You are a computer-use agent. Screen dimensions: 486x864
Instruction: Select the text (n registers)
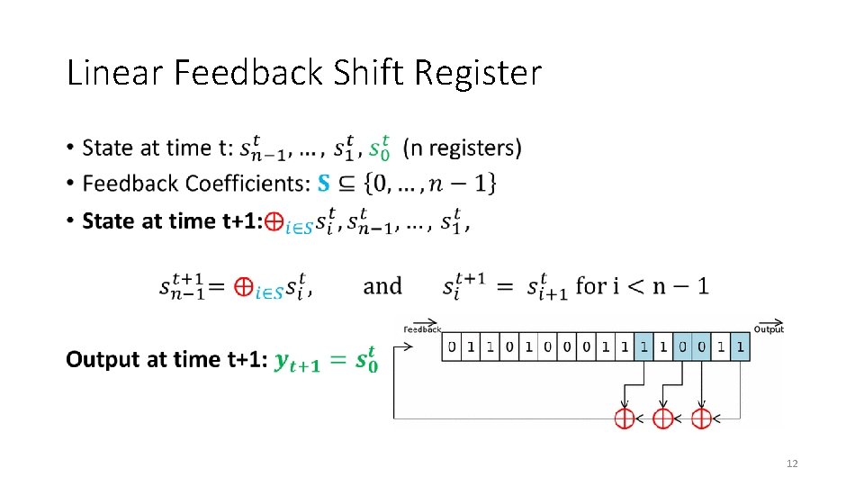click(x=462, y=147)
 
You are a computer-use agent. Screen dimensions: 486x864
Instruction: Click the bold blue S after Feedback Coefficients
click(x=326, y=184)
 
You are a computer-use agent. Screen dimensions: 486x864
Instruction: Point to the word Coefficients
click(x=245, y=184)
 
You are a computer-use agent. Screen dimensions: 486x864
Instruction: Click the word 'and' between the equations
click(x=382, y=286)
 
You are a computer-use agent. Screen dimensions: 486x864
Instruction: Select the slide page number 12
click(x=792, y=463)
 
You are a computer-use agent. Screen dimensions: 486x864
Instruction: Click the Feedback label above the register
click(x=421, y=329)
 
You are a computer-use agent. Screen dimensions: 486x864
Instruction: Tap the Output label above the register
click(x=769, y=329)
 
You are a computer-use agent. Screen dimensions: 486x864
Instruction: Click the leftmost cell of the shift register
click(x=451, y=346)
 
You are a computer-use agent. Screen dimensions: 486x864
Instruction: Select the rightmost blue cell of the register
click(x=740, y=346)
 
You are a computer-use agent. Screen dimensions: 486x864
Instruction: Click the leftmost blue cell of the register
click(x=643, y=346)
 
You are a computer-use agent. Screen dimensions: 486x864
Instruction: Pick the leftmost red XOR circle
click(x=624, y=418)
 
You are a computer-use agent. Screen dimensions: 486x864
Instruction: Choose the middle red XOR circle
click(x=662, y=418)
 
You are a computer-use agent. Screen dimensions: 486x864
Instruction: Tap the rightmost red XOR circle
click(x=701, y=418)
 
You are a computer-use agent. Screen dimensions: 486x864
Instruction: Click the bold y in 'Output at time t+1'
click(x=283, y=361)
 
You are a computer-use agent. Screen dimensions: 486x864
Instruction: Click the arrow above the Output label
click(x=769, y=322)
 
